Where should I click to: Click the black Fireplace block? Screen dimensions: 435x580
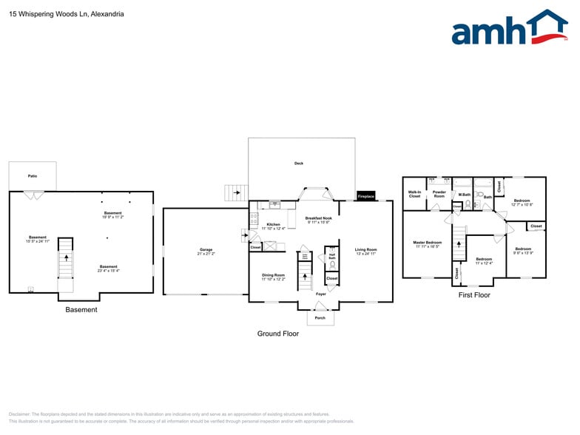coord(366,196)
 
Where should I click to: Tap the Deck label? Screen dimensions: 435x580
coord(299,163)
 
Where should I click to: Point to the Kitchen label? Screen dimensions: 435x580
coord(273,224)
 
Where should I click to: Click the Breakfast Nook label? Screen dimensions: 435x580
coord(318,218)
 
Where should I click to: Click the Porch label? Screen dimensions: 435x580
coord(320,317)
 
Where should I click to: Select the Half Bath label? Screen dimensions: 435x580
coord(332,257)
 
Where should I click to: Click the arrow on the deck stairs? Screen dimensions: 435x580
coord(236,194)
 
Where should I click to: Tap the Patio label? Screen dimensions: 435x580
coord(33,176)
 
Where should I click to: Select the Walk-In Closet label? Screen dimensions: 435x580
coord(414,194)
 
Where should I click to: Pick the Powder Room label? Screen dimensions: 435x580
coord(439,194)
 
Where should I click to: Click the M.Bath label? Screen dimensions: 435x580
coord(464,195)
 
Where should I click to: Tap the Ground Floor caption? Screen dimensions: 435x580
coord(278,334)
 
